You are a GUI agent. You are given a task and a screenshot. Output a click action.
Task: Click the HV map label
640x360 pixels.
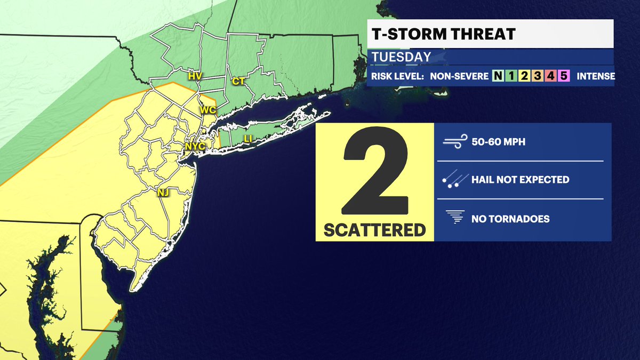tap(195, 76)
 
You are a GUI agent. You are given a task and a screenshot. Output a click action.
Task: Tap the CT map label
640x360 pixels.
tap(238, 81)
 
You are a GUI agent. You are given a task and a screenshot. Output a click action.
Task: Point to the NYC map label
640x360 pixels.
tap(195, 146)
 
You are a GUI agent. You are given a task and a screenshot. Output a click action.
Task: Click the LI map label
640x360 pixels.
tap(248, 139)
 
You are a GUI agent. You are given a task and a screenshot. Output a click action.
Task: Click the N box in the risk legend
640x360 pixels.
tap(498, 76)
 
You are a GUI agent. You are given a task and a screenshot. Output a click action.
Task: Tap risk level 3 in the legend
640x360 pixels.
tap(536, 76)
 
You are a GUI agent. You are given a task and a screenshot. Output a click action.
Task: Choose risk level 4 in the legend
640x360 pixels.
tap(549, 76)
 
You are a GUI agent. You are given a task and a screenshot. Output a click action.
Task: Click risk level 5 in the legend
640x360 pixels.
tap(563, 76)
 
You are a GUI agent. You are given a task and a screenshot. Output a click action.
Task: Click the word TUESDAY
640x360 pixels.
tap(401, 57)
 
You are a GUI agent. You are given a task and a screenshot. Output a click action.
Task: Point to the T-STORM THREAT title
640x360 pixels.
tap(442, 34)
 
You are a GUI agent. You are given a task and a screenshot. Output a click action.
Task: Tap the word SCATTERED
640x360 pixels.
tap(375, 230)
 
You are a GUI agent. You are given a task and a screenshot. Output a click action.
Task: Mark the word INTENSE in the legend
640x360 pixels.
tap(596, 76)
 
